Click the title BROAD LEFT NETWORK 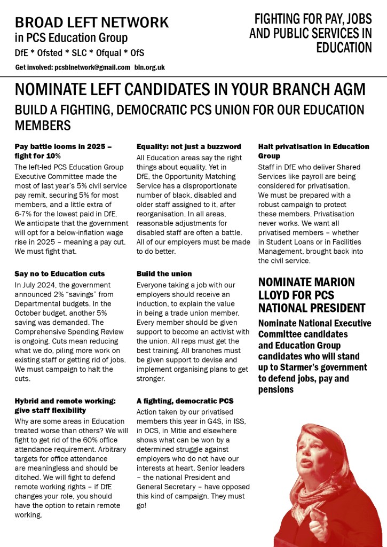coord(92,22)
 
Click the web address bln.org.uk coord(149,67)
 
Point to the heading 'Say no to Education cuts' coord(60,274)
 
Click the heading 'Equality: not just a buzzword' coord(189,146)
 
